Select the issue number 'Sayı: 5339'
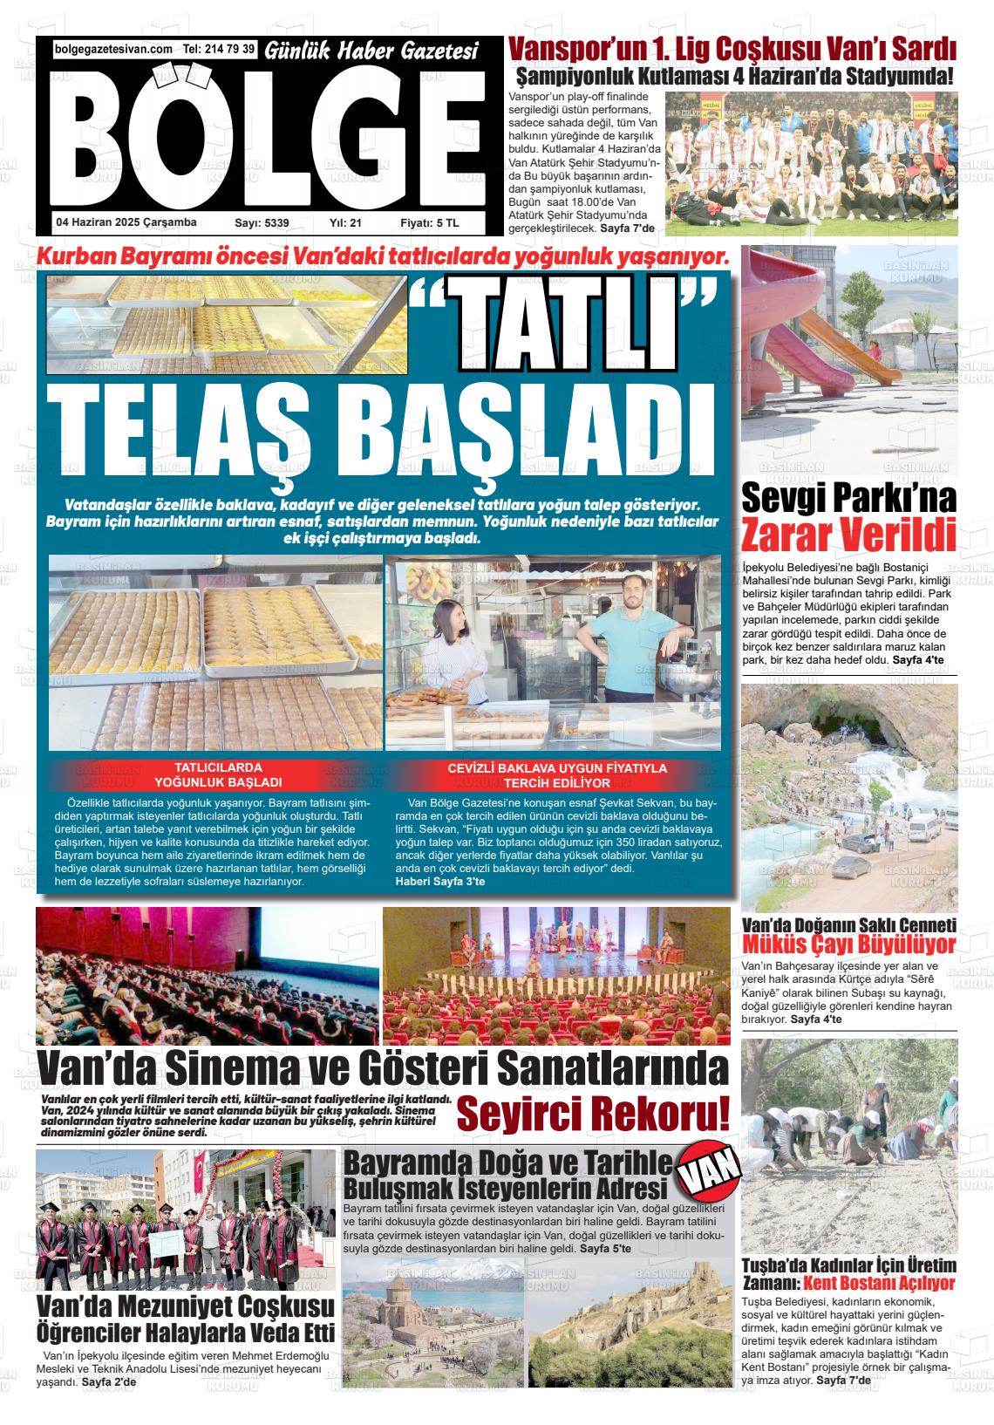(x=262, y=223)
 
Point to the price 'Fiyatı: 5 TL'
(x=429, y=223)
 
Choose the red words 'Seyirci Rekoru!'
(x=593, y=1114)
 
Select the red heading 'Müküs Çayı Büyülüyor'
(x=848, y=944)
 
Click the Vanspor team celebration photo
(x=811, y=165)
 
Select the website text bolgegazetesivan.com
(x=112, y=50)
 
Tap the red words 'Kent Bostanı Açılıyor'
(x=878, y=1283)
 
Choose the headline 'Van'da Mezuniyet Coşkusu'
(x=185, y=1306)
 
